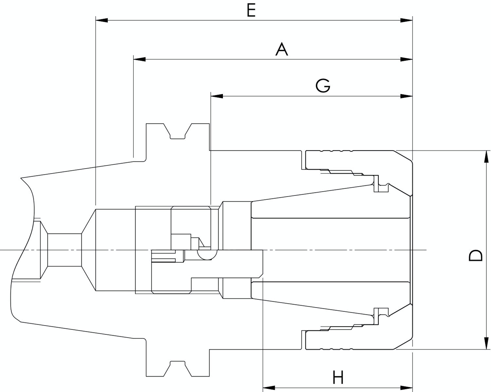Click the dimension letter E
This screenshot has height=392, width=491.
(x=251, y=10)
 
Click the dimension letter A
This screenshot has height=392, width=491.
(x=282, y=49)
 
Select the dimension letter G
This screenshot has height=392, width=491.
(x=323, y=85)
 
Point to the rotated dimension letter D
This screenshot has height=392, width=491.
(x=475, y=255)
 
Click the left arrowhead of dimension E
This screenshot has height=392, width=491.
(x=101, y=20)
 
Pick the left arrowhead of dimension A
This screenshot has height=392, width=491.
(x=139, y=59)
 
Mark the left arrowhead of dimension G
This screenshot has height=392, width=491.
(x=217, y=96)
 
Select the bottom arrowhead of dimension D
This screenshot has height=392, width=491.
(x=487, y=343)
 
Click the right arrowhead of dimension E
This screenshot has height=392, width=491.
(x=406, y=20)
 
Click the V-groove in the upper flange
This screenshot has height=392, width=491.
(x=177, y=132)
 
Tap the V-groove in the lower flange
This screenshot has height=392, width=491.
(x=177, y=368)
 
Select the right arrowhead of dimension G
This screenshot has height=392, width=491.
(x=406, y=96)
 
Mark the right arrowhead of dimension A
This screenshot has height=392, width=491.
(x=406, y=59)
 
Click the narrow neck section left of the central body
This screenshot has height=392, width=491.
(x=64, y=250)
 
